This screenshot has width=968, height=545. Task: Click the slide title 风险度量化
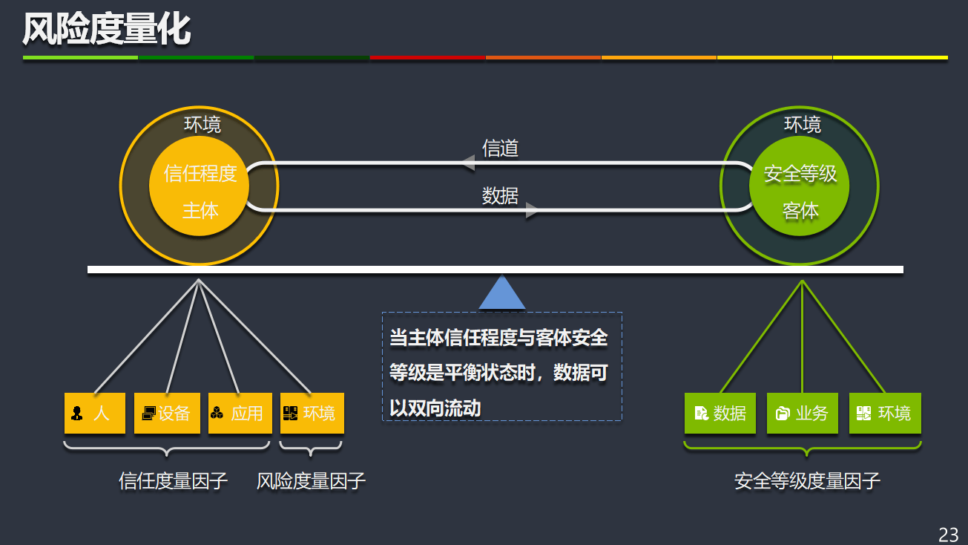pyautogui.click(x=106, y=30)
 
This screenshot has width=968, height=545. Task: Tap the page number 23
pyautogui.click(x=948, y=534)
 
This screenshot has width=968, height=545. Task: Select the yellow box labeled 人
pyautogui.click(x=95, y=413)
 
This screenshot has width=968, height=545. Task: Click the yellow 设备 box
pyautogui.click(x=167, y=413)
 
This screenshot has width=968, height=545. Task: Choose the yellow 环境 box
pyautogui.click(x=312, y=413)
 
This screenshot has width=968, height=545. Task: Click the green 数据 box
pyautogui.click(x=720, y=414)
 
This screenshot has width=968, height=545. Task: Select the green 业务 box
pyautogui.click(x=802, y=414)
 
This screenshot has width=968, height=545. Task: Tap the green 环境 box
pyautogui.click(x=884, y=414)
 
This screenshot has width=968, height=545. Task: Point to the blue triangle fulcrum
pyautogui.click(x=502, y=294)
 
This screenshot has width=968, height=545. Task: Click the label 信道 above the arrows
pyautogui.click(x=500, y=148)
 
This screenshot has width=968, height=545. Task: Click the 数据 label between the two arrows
pyautogui.click(x=500, y=195)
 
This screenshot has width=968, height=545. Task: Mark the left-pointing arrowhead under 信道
pyautogui.click(x=467, y=163)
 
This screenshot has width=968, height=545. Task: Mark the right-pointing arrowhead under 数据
pyautogui.click(x=531, y=211)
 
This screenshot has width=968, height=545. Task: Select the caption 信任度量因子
pyautogui.click(x=173, y=481)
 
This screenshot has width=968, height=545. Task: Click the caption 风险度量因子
pyautogui.click(x=311, y=481)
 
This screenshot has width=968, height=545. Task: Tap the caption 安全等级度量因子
pyautogui.click(x=807, y=481)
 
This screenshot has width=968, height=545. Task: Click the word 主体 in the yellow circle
pyautogui.click(x=200, y=210)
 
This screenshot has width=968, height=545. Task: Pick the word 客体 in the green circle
pyautogui.click(x=800, y=211)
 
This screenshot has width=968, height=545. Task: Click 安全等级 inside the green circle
pyautogui.click(x=800, y=174)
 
